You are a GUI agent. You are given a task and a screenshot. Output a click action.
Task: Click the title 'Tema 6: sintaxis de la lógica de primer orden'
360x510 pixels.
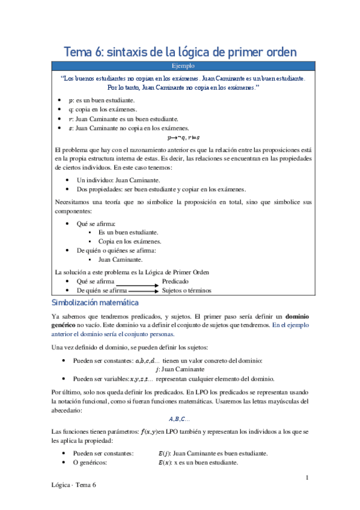click(180, 52)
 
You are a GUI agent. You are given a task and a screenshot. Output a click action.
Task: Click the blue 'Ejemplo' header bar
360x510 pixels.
click(180, 66)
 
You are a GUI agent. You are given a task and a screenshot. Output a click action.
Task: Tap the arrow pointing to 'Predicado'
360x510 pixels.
click(137, 281)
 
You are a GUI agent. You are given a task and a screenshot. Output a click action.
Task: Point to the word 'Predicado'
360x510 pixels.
click(175, 281)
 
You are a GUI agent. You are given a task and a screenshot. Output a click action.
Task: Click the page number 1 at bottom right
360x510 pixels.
click(307, 478)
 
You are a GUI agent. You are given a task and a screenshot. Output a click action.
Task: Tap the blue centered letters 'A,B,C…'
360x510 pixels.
click(179, 419)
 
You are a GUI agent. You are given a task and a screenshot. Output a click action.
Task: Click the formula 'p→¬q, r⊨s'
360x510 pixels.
click(179, 137)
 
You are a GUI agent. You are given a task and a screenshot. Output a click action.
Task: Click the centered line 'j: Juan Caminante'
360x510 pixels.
click(179, 369)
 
